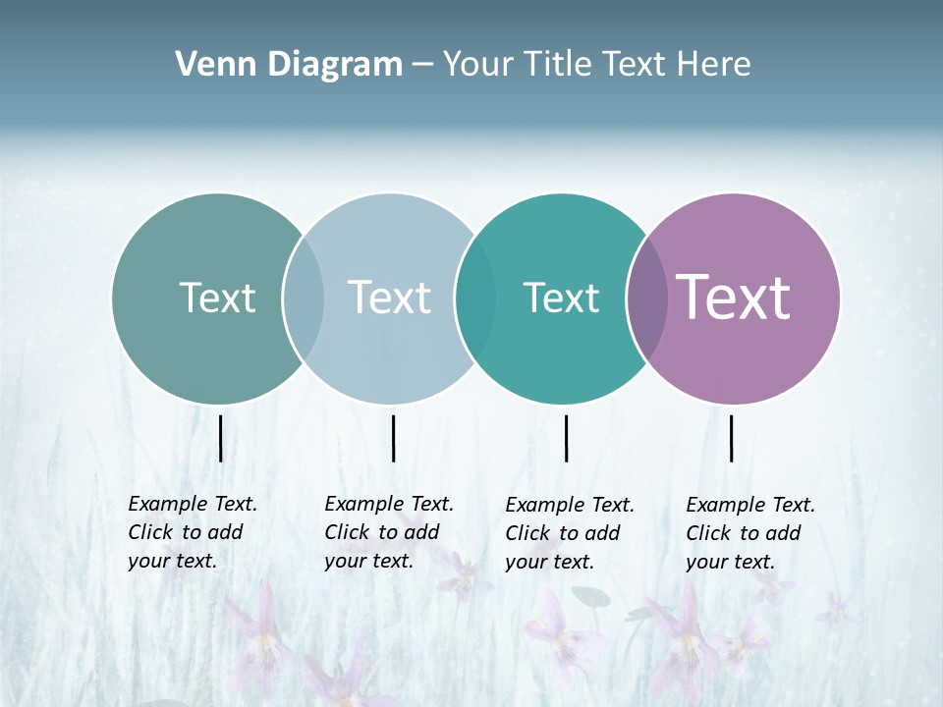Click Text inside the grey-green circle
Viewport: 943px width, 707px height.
[217, 298]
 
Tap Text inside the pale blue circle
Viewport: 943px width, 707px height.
[389, 298]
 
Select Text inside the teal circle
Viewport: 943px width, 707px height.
[561, 298]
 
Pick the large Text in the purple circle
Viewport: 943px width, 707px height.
[734, 298]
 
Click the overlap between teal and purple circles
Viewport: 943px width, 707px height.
[647, 299]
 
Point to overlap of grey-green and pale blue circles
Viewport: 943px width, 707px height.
[304, 299]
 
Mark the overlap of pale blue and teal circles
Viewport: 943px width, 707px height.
[475, 299]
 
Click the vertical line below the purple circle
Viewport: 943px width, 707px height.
[732, 438]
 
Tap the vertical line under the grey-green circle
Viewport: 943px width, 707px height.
[221, 438]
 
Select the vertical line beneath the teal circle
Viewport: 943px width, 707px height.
[567, 438]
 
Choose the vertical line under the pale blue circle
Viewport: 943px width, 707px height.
[393, 438]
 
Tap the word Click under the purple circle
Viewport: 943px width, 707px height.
[707, 533]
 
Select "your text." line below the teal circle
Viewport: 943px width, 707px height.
[549, 563]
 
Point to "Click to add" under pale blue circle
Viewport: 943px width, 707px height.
[381, 532]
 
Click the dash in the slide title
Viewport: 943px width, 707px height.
[422, 65]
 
